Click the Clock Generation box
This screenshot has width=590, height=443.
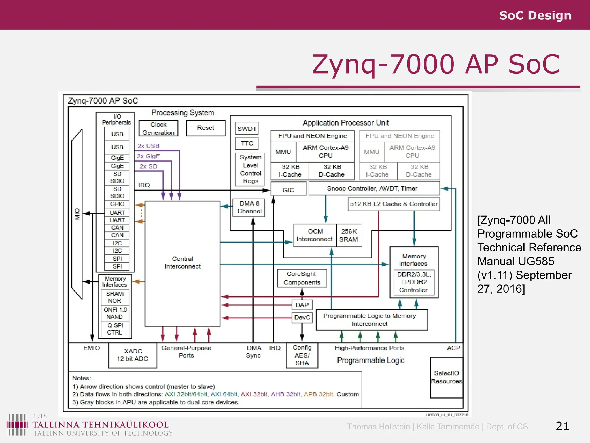coord(158,128)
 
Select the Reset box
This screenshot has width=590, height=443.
coord(205,128)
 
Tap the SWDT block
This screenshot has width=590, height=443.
coord(247,129)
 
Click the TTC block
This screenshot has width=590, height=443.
coord(247,143)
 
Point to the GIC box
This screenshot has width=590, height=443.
coord(288,190)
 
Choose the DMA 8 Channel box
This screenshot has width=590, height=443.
coord(249,207)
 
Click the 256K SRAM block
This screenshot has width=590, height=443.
coord(349,235)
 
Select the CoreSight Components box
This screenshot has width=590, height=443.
coord(302,278)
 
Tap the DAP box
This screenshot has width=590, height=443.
coord(302,305)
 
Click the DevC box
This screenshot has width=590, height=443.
coord(302,317)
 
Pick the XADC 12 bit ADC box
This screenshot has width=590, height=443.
coord(133,355)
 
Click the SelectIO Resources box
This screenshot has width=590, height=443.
coord(446,377)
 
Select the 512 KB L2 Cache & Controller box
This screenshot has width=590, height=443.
coord(394,204)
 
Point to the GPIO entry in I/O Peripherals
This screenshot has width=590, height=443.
coord(117,204)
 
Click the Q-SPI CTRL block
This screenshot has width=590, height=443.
coord(115,329)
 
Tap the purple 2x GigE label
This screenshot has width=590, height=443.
coord(148,156)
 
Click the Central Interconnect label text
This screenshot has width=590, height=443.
coord(182,262)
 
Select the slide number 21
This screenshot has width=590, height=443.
coord(562,426)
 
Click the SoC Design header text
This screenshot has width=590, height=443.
coord(535,15)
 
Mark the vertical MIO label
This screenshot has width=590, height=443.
coord(77,214)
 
